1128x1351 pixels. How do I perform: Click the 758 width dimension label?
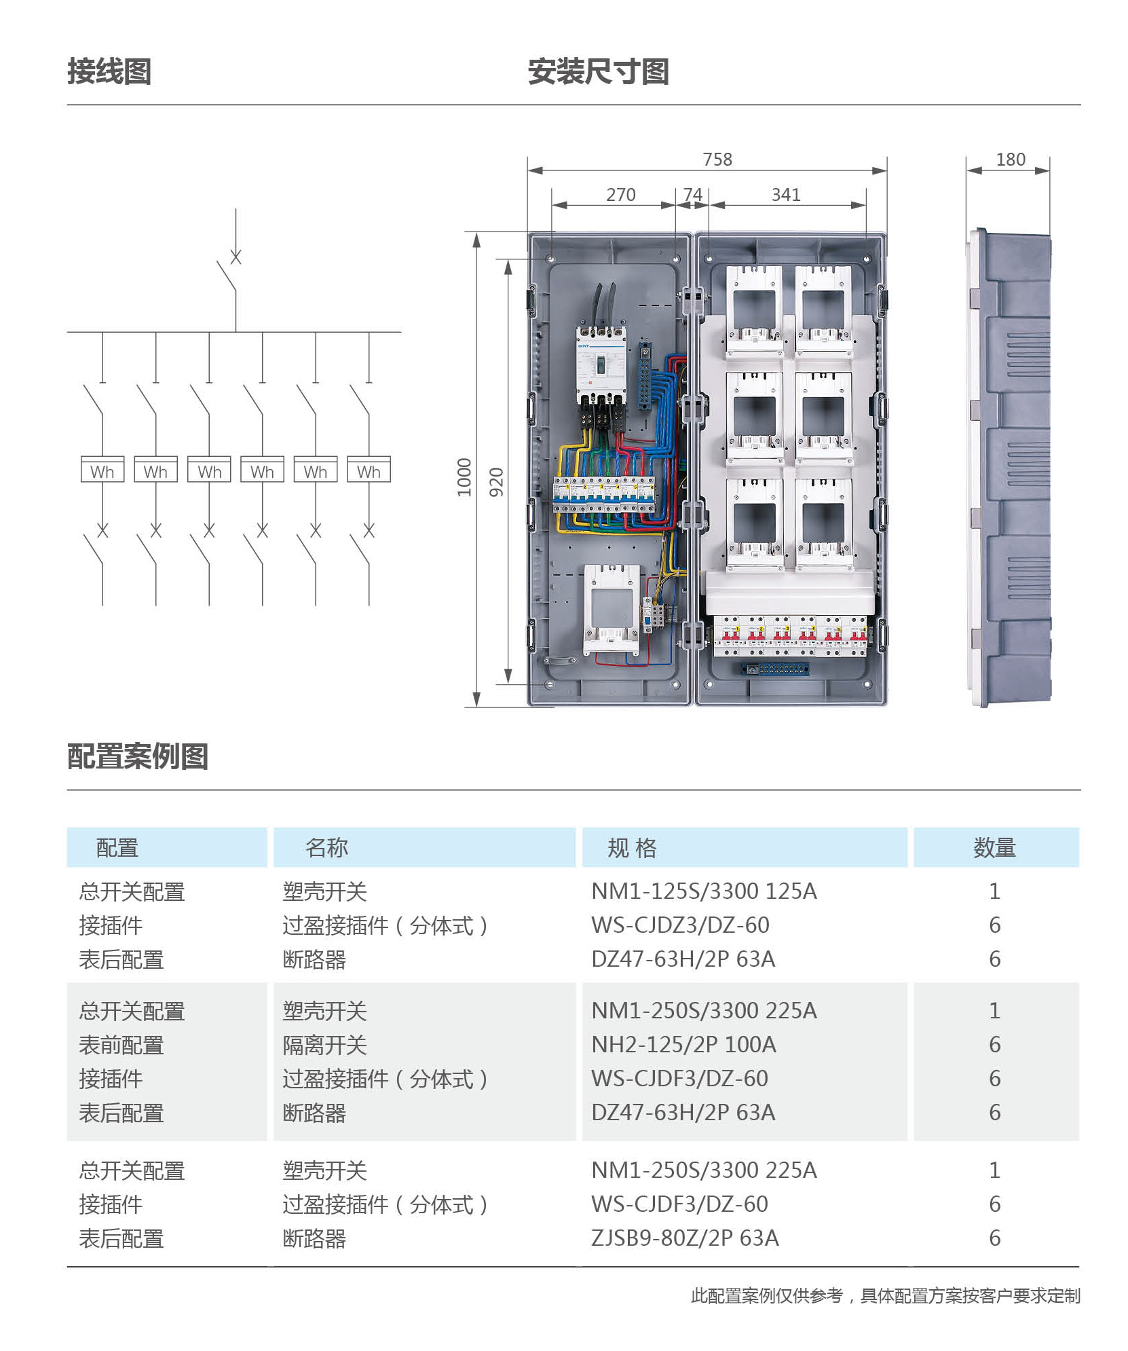pyautogui.click(x=717, y=159)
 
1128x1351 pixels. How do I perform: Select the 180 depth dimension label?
pyautogui.click(x=1010, y=159)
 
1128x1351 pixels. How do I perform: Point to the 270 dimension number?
pyautogui.click(x=620, y=195)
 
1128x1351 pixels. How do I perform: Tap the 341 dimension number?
pyautogui.click(x=785, y=195)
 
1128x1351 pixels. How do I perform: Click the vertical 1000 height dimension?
pyautogui.click(x=464, y=477)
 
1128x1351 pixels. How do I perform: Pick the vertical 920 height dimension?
pyautogui.click(x=496, y=481)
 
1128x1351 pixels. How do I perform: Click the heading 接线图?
pyautogui.click(x=109, y=71)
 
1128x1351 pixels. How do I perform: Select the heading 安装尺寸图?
pyautogui.click(x=598, y=71)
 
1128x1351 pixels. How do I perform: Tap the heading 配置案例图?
pyautogui.click(x=138, y=756)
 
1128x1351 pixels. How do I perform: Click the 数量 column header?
pyautogui.click(x=994, y=847)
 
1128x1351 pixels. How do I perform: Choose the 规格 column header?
pyautogui.click(x=632, y=847)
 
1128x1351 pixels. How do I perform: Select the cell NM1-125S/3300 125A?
pyautogui.click(x=704, y=891)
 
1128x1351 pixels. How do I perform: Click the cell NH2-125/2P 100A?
pyautogui.click(x=683, y=1044)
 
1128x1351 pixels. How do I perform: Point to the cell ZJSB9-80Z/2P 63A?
pyautogui.click(x=685, y=1238)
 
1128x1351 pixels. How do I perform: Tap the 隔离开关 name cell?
pyautogui.click(x=324, y=1045)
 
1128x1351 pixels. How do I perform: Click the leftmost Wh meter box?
pyautogui.click(x=102, y=469)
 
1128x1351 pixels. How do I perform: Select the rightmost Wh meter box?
pyautogui.click(x=369, y=469)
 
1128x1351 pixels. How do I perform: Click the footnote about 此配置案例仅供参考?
pyautogui.click(x=885, y=1295)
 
